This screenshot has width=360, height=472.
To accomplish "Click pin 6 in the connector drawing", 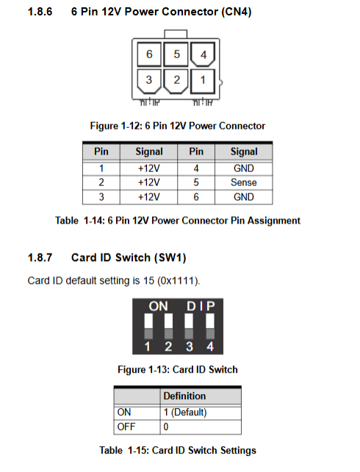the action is pos(149,54).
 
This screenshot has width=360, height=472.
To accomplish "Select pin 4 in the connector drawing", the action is pos(203,54).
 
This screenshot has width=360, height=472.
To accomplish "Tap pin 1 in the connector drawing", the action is pos(203,81).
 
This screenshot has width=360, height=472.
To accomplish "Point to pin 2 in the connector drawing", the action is pos(176,82).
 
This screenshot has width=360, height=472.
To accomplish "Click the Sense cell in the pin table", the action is pos(244,182).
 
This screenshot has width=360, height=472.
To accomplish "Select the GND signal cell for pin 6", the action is pos(244,197).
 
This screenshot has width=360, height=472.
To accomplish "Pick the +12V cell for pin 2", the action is pos(149,182).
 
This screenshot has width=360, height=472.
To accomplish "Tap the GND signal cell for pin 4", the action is pos(244,168).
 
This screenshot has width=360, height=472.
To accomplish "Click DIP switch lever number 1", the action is pos(148,326).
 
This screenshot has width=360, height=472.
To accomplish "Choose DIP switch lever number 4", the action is pos(210,326).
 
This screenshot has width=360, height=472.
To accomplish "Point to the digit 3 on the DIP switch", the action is pos(189,346).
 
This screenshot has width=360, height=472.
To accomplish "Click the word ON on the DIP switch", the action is pos(158,307).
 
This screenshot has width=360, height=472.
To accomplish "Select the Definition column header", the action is pos(184,396).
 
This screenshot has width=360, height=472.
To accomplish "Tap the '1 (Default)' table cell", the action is pos(185,412).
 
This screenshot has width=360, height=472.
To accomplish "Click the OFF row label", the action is pos(126,426).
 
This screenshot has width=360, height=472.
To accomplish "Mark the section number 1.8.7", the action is pos(40,257).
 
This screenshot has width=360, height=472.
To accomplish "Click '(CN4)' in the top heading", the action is pos(237,12).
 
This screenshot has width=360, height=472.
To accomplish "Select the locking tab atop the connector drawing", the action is pos(176,34).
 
